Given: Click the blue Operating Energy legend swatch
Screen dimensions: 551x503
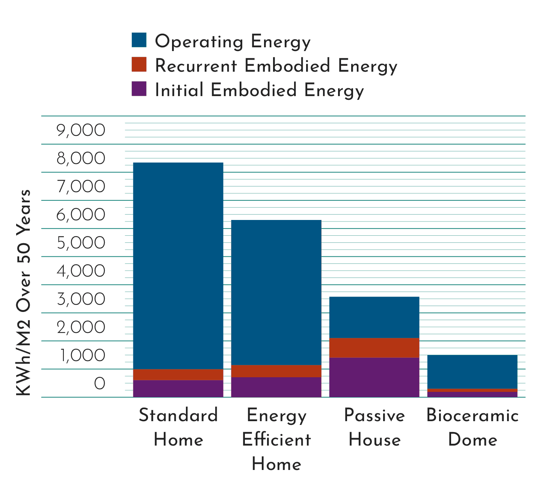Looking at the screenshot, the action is pyautogui.click(x=139, y=40).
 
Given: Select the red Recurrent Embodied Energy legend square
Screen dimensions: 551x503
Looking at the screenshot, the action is pyautogui.click(x=139, y=64).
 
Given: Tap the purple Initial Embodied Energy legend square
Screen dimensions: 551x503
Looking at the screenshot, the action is pyautogui.click(x=139, y=89).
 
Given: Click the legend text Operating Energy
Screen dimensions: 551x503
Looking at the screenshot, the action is pyautogui.click(x=232, y=41).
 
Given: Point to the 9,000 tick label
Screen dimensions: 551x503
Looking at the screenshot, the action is pyautogui.click(x=81, y=130).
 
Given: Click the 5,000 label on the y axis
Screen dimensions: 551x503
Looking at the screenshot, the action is pyautogui.click(x=81, y=243).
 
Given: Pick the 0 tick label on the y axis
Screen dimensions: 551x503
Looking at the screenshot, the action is pyautogui.click(x=100, y=383).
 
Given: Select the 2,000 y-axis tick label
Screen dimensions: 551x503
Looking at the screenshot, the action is pyautogui.click(x=81, y=327).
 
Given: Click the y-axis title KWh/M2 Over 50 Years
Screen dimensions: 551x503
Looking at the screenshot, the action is pyautogui.click(x=23, y=292).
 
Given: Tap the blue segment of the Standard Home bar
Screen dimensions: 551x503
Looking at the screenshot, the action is pyautogui.click(x=178, y=266).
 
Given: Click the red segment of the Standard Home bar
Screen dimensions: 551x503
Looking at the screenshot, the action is pyautogui.click(x=178, y=375).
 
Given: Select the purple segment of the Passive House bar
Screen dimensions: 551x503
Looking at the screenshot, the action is pyautogui.click(x=374, y=377).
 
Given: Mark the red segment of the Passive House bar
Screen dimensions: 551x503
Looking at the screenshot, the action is pyautogui.click(x=374, y=348).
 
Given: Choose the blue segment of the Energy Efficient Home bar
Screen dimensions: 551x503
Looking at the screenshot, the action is pyautogui.click(x=276, y=292).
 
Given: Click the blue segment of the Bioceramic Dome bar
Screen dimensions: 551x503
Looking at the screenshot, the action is pyautogui.click(x=473, y=372).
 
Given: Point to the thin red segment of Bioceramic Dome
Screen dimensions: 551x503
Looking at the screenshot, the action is pyautogui.click(x=473, y=390).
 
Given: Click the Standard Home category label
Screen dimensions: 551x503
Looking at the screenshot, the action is pyautogui.click(x=178, y=427).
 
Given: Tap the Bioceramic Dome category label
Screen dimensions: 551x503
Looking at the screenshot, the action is pyautogui.click(x=473, y=427).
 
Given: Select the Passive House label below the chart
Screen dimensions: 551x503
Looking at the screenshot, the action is pyautogui.click(x=374, y=427).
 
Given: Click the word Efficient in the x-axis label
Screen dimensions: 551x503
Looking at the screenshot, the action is pyautogui.click(x=276, y=439).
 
